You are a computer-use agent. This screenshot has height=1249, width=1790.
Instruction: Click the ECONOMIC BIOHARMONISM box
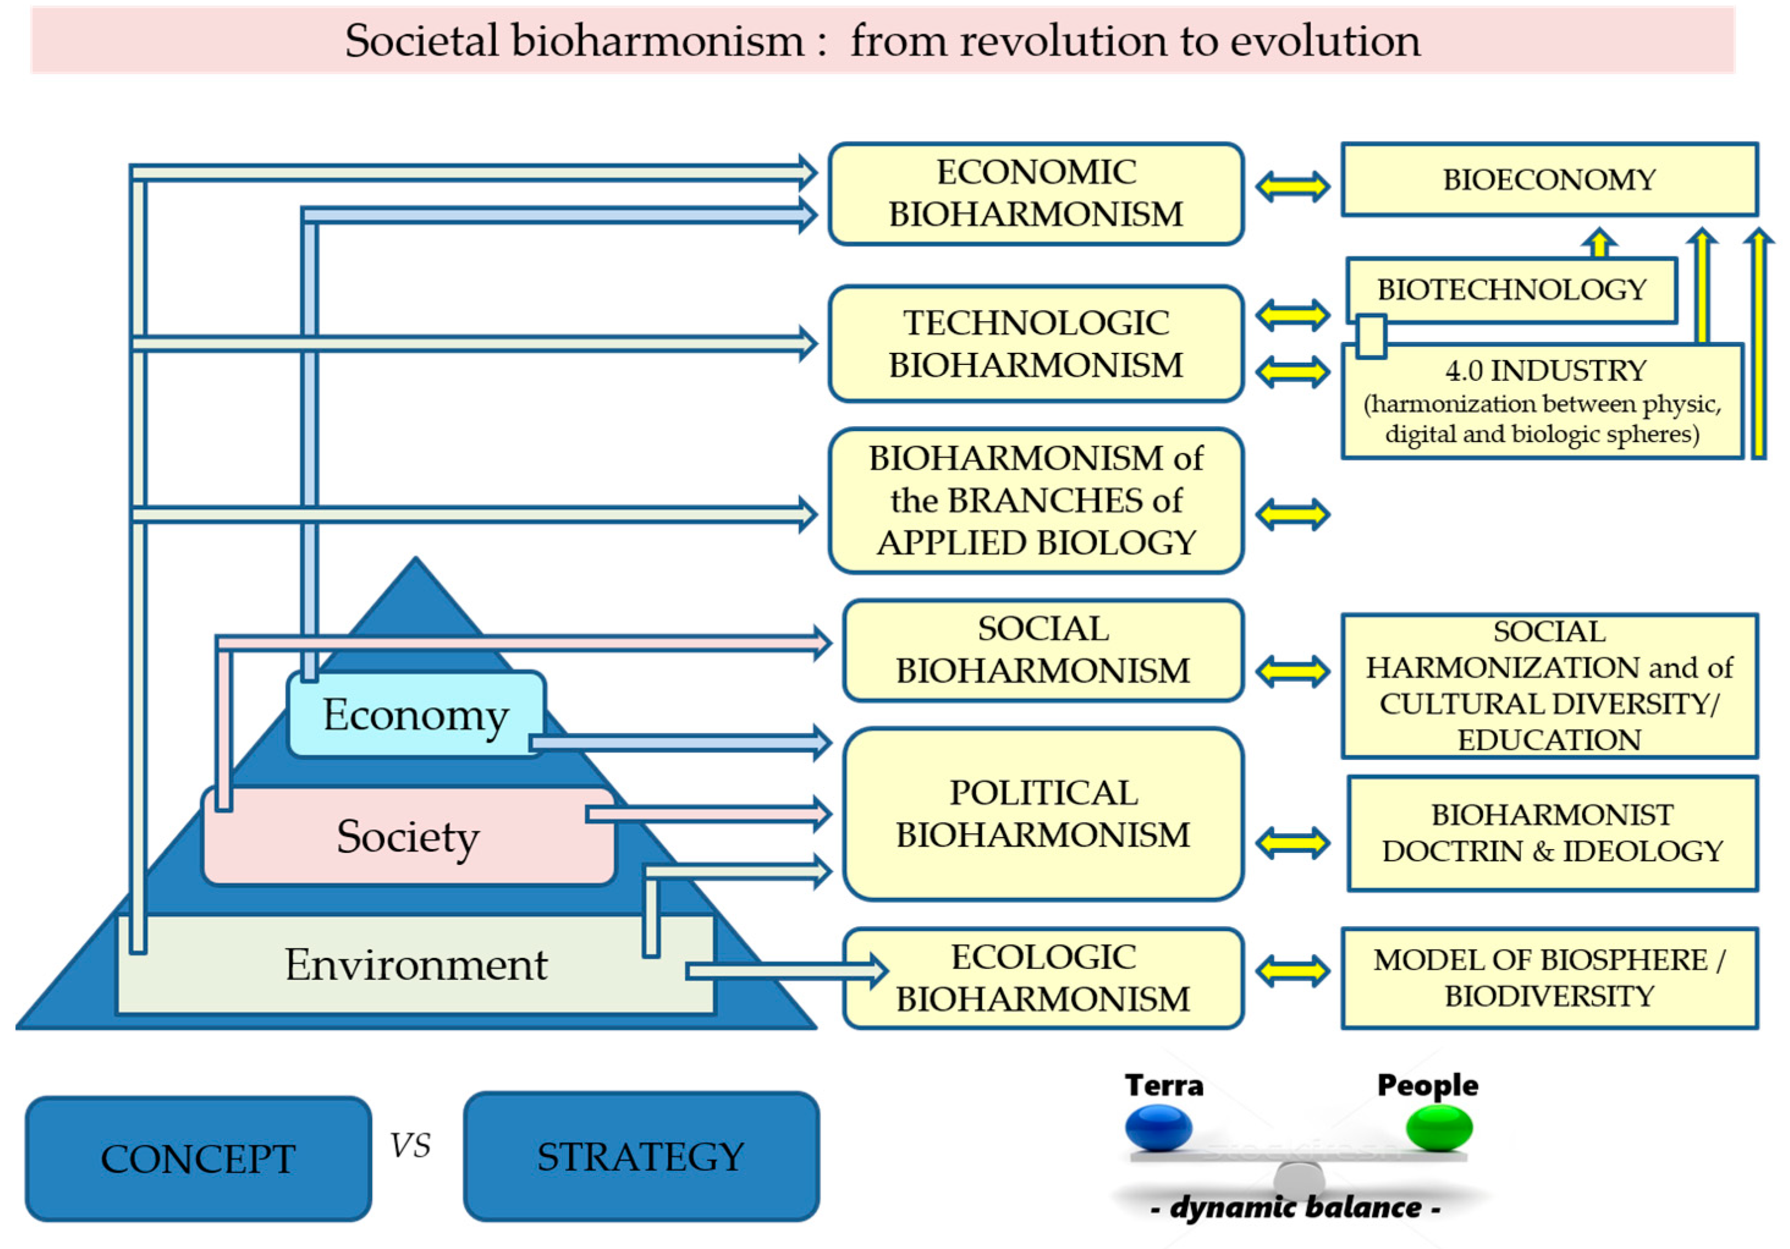point(1036,194)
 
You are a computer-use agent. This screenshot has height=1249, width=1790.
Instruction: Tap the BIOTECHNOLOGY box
point(1511,290)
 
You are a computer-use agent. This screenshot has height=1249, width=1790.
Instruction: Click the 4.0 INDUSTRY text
point(1545,371)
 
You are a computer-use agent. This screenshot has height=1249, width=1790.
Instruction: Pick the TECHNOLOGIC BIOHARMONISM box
point(1036,344)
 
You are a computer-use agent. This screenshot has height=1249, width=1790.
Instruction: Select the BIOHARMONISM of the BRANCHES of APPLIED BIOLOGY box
point(1036,500)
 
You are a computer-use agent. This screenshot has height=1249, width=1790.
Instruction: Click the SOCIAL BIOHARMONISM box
point(1042,650)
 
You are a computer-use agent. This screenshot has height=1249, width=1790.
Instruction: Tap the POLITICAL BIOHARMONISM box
point(1042,814)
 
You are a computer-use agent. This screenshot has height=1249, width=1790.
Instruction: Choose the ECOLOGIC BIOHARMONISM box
point(1042,978)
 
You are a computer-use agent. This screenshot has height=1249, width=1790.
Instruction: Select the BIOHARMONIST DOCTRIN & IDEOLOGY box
point(1552,833)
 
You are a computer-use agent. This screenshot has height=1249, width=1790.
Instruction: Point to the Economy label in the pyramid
point(415,714)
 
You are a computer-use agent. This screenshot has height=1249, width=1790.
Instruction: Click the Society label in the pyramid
point(407,836)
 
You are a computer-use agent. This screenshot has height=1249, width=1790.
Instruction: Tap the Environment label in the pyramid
point(415,965)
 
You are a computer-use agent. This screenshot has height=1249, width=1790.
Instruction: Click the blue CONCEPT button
point(198,1159)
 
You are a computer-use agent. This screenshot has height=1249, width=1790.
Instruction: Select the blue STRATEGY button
point(641,1156)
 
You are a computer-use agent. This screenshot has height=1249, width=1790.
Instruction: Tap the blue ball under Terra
point(1158,1128)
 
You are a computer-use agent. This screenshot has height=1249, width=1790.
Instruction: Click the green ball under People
point(1438,1128)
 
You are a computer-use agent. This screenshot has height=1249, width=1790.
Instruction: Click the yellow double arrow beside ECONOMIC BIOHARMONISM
point(1292,187)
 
